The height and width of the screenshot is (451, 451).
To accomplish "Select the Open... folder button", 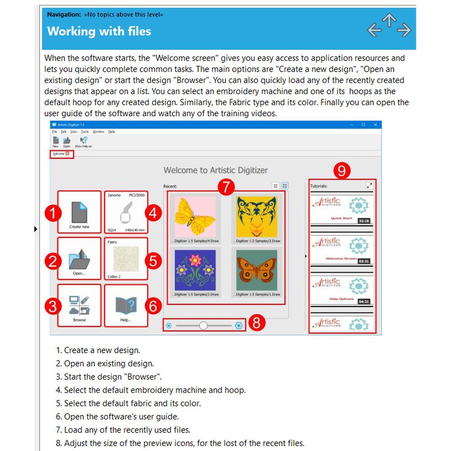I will pos(79,259).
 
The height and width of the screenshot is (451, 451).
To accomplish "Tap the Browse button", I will pos(79,305).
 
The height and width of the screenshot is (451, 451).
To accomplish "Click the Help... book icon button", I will pos(126,305).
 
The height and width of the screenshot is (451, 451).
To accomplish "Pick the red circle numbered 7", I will pos(226,187).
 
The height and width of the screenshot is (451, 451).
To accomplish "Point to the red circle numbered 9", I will pos(341,171).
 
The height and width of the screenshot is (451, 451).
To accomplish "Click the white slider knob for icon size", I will pos(203,325).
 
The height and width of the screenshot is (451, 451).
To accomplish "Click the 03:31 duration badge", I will pos(364,261).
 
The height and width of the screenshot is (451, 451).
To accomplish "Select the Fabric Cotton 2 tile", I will pos(126,259).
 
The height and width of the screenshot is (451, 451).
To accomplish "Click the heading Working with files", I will pos(99,31).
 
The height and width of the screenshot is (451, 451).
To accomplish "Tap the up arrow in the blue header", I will pos(389,19).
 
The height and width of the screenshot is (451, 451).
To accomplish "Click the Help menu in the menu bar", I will pos(111,132).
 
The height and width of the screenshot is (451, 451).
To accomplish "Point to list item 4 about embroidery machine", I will pos(155,390).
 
